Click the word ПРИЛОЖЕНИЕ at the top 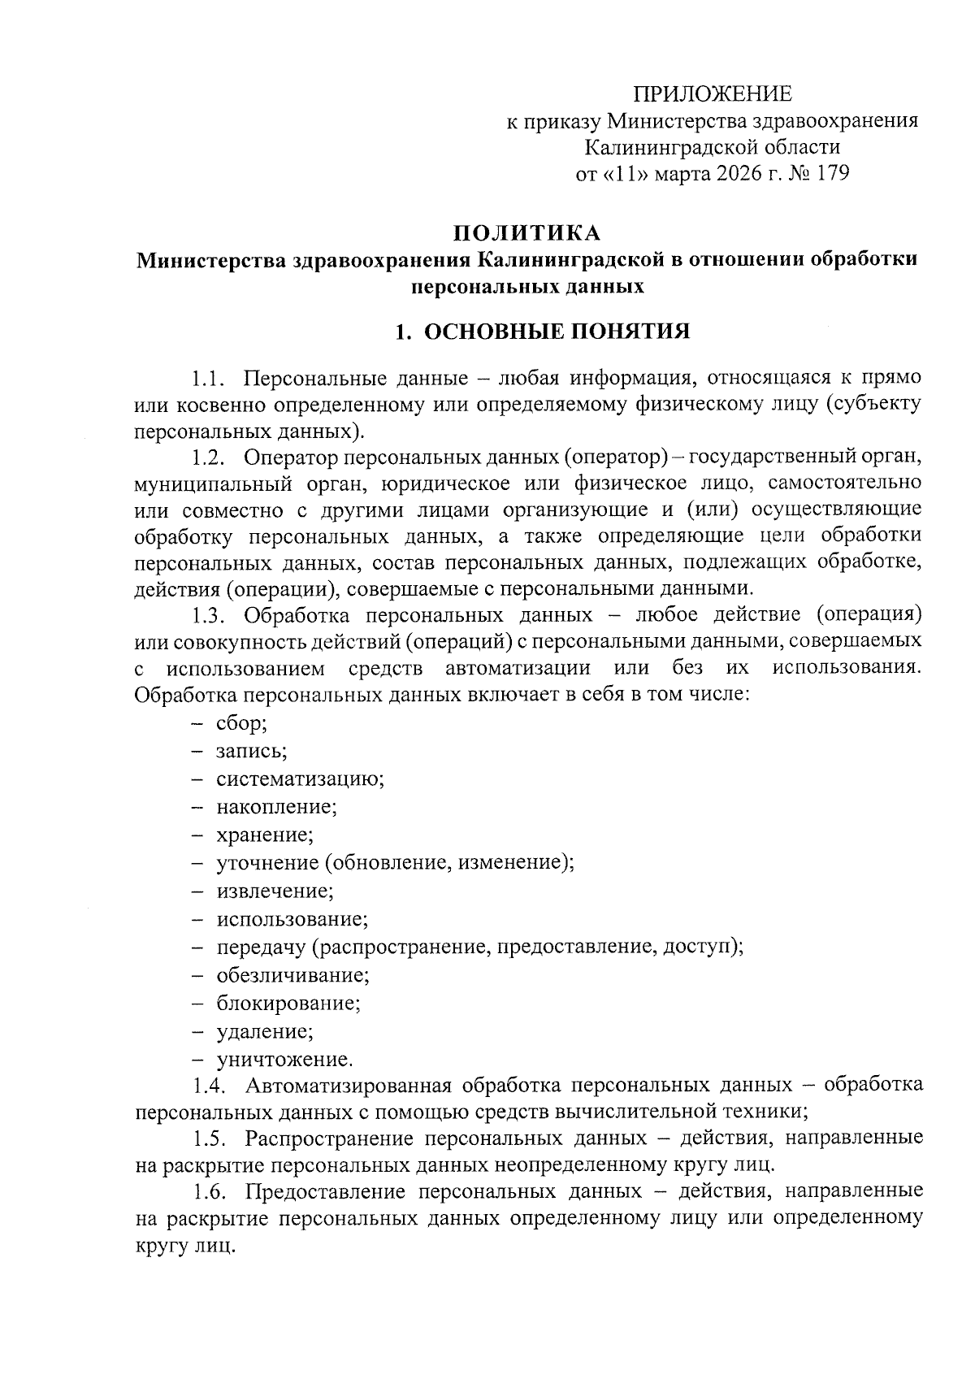(x=712, y=95)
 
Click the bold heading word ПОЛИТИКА (x=527, y=233)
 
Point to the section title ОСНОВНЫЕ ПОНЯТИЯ (x=557, y=332)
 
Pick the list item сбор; (x=241, y=722)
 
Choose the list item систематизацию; (x=300, y=778)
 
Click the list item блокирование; (x=288, y=1002)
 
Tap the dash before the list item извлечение (x=197, y=891)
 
